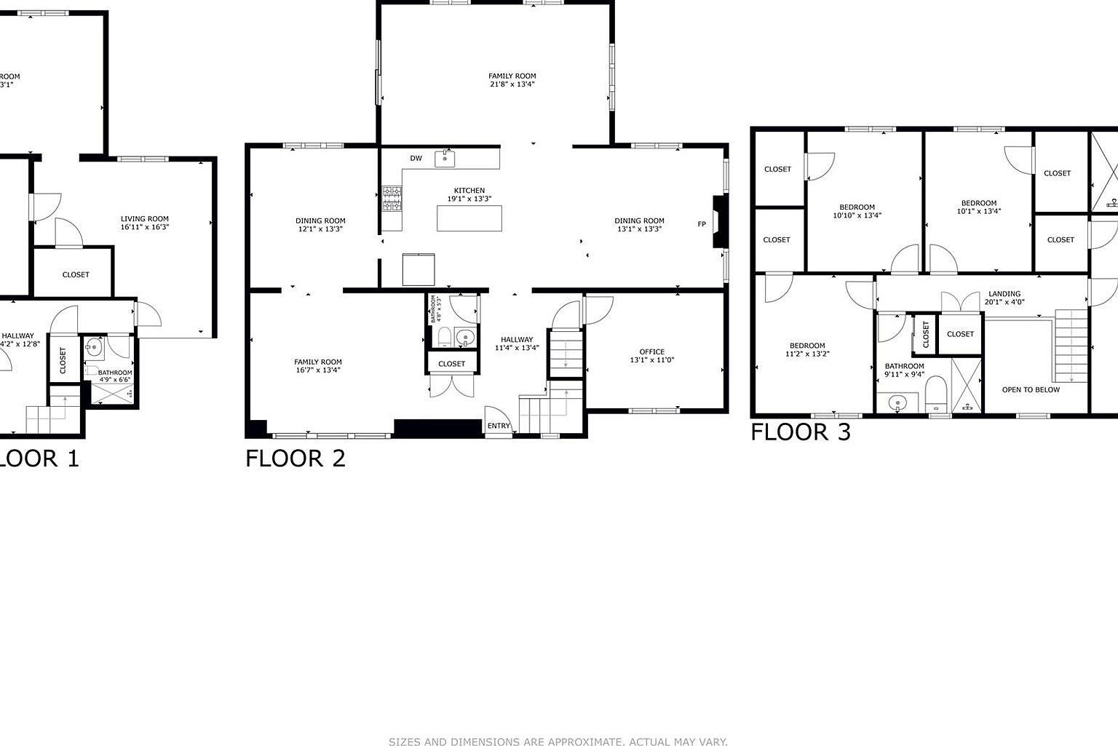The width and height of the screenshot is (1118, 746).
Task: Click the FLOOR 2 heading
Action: pyautogui.click(x=295, y=459)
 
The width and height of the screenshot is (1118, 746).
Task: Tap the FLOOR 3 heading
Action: pyautogui.click(x=800, y=432)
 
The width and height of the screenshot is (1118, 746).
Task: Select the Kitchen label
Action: pyautogui.click(x=469, y=191)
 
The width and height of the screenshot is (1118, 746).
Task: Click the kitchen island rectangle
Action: pyautogui.click(x=469, y=218)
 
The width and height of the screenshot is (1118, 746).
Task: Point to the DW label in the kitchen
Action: pyautogui.click(x=416, y=159)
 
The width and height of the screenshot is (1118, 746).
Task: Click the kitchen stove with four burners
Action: pyautogui.click(x=392, y=199)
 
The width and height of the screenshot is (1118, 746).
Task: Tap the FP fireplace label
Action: pyautogui.click(x=702, y=224)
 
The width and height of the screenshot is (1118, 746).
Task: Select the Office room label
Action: pyautogui.click(x=651, y=352)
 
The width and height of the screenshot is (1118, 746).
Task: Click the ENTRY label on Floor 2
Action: pyautogui.click(x=499, y=426)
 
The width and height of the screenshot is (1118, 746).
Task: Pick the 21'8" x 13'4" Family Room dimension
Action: pyautogui.click(x=512, y=84)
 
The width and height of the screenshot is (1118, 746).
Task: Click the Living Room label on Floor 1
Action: pyautogui.click(x=145, y=218)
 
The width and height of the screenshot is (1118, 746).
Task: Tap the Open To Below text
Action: pyautogui.click(x=1031, y=390)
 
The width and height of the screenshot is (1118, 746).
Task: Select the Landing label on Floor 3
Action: pyautogui.click(x=1004, y=294)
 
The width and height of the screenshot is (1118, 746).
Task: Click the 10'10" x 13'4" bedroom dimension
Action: pyautogui.click(x=857, y=215)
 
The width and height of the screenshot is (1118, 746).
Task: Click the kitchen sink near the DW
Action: pyautogui.click(x=445, y=158)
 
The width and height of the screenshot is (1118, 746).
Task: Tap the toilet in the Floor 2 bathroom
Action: pyautogui.click(x=443, y=337)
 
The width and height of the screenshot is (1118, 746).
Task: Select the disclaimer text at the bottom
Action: pyautogui.click(x=558, y=742)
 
